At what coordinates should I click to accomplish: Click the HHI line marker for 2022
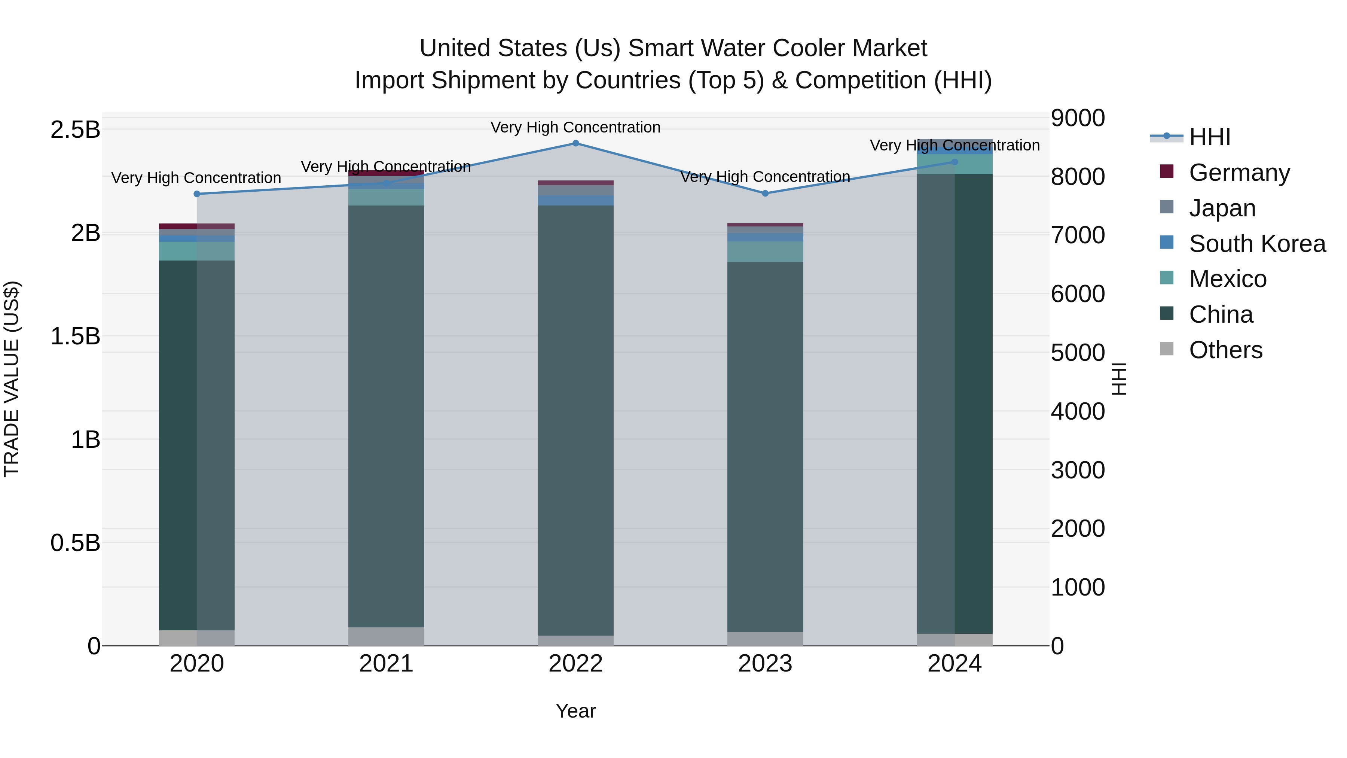(x=576, y=143)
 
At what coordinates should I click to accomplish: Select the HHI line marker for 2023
(x=765, y=194)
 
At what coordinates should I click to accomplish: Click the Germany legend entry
(x=1239, y=173)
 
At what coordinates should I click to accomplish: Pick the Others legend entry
(x=1225, y=350)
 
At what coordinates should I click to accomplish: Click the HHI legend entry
(x=1209, y=137)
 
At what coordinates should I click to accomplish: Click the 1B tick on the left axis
(x=85, y=439)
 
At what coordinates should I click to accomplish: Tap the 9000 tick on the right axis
(x=1078, y=118)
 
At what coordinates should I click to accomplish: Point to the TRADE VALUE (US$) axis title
(x=12, y=379)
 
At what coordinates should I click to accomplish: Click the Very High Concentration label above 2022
(x=576, y=128)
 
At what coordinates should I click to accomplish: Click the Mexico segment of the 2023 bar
(x=765, y=252)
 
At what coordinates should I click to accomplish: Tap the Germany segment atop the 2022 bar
(x=576, y=183)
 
